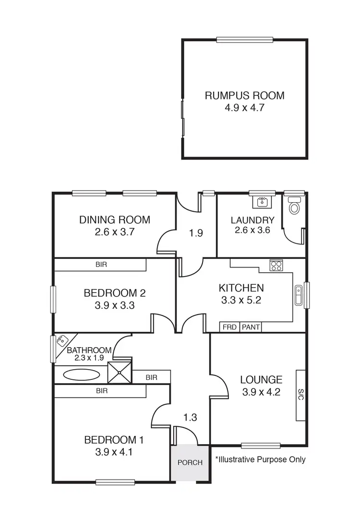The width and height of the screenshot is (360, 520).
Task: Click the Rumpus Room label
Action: click(244, 96)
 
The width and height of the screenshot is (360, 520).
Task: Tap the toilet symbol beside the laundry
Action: click(294, 206)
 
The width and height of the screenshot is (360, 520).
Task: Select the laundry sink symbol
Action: click(262, 201)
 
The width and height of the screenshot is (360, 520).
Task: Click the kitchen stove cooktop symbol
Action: click(276, 265)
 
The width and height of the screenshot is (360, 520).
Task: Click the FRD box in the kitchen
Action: click(229, 327)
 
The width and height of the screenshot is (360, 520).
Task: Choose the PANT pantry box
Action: click(251, 327)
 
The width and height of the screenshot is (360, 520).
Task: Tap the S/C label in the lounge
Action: click(300, 395)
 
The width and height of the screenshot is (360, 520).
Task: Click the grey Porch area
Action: click(190, 463)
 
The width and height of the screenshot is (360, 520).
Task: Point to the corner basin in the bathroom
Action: click(61, 341)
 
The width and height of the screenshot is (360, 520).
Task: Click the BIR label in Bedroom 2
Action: click(101, 265)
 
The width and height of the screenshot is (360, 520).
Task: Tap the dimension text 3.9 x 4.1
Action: click(114, 452)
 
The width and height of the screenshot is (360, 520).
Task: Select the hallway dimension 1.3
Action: click(191, 417)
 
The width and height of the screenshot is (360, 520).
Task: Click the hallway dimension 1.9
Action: click(196, 233)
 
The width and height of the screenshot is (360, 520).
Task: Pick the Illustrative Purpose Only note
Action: click(260, 460)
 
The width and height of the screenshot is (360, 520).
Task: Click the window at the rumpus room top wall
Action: click(245, 40)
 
